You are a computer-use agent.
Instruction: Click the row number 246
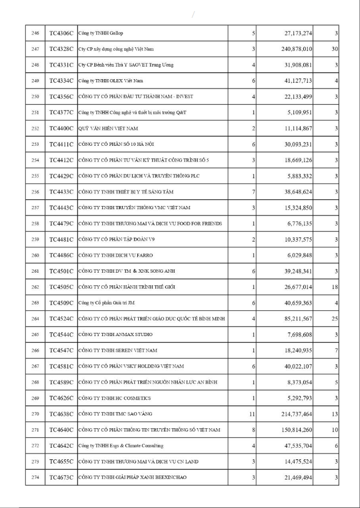(35, 34)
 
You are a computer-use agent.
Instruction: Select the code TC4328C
(61, 49)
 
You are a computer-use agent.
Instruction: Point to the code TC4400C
(61, 128)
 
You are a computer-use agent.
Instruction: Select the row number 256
(35, 192)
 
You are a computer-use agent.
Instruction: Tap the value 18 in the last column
(334, 287)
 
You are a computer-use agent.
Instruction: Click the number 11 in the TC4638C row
(252, 414)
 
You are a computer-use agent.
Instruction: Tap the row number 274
(35, 477)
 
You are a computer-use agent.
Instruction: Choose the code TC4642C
(61, 446)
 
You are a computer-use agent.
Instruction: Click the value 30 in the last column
(334, 49)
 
